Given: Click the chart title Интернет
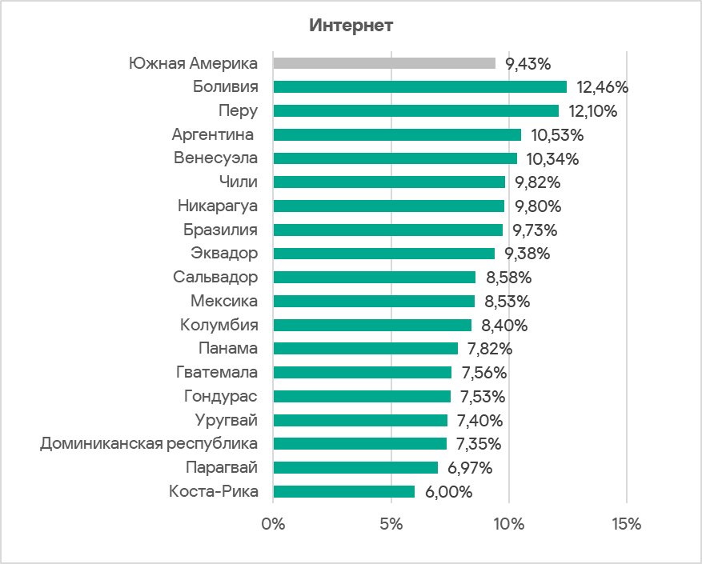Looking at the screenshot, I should tap(351, 26).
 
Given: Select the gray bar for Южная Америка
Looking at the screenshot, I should tap(384, 63).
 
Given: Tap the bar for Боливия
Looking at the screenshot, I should tap(419, 86).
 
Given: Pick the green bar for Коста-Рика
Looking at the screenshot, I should tap(344, 491).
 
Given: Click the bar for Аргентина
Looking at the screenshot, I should tap(397, 134).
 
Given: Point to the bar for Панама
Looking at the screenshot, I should tap(365, 348).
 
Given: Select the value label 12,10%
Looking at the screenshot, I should tap(593, 111).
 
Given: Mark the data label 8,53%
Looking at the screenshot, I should tap(507, 302).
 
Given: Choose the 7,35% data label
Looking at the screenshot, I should tap(479, 444).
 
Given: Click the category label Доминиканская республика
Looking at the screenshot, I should tap(149, 444).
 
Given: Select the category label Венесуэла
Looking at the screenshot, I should tap(216, 158).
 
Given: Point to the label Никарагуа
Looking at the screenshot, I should tap(218, 206).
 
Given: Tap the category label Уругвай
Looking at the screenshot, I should tap(227, 420).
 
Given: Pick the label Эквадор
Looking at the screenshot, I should tap(225, 254).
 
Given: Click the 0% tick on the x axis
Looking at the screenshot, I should tap(274, 525).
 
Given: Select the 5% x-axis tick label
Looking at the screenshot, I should tap(391, 525).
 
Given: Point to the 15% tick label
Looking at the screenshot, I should tap(626, 525).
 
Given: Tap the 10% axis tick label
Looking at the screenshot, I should tap(508, 525).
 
